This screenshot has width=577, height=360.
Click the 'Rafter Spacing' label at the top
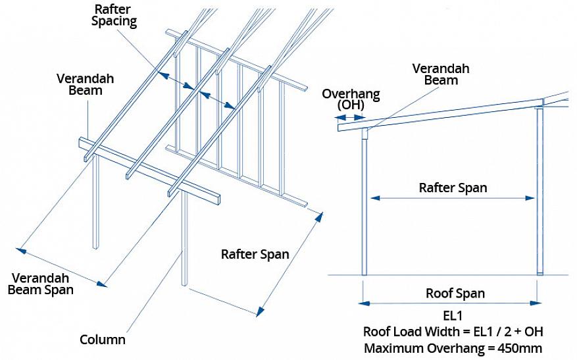(x=114, y=15)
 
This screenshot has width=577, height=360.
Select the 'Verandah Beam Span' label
(x=41, y=283)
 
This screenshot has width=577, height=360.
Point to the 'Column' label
(x=103, y=340)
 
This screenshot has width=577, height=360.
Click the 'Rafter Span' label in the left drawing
(x=255, y=254)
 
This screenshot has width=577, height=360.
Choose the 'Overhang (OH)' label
(x=351, y=99)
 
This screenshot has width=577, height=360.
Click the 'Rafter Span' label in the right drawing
(x=453, y=188)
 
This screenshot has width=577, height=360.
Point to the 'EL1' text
(x=454, y=315)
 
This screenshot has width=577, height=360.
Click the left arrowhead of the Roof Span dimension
(x=363, y=303)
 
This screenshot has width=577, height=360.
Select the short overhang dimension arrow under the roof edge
(x=350, y=116)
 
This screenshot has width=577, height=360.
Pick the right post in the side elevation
(x=540, y=191)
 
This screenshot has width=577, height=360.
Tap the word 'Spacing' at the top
(x=114, y=21)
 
